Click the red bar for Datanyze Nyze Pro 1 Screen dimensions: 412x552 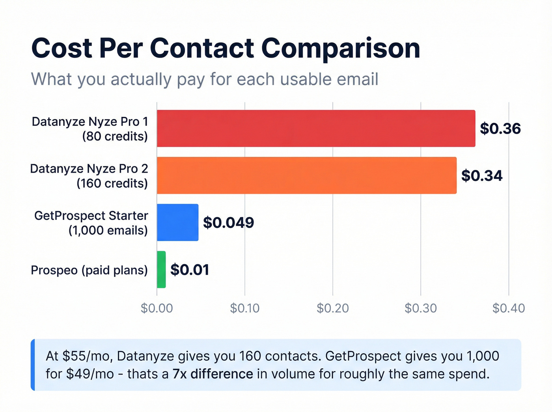tap(316, 129)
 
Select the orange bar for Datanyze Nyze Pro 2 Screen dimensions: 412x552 tap(307, 175)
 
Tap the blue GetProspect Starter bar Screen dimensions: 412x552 tap(177, 222)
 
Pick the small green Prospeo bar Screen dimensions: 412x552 tap(161, 270)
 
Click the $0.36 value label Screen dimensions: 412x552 tap(500, 129)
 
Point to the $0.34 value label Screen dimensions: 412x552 tap(481, 175)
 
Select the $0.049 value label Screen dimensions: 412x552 tap(228, 223)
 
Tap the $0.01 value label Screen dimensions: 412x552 tap(190, 270)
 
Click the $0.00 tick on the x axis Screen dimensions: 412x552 tap(157, 308)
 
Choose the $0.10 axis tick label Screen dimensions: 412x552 tap(245, 308)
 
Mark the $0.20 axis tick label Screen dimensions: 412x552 tap(333, 308)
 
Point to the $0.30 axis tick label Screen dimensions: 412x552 tap(421, 308)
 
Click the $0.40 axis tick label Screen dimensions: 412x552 tap(509, 308)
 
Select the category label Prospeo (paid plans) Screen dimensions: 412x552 tap(89, 270)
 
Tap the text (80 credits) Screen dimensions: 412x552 tap(115, 136)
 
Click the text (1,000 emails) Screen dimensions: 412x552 tap(108, 230)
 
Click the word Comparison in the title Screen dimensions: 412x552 tap(341, 48)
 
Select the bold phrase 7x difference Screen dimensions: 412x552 tap(213, 374)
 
